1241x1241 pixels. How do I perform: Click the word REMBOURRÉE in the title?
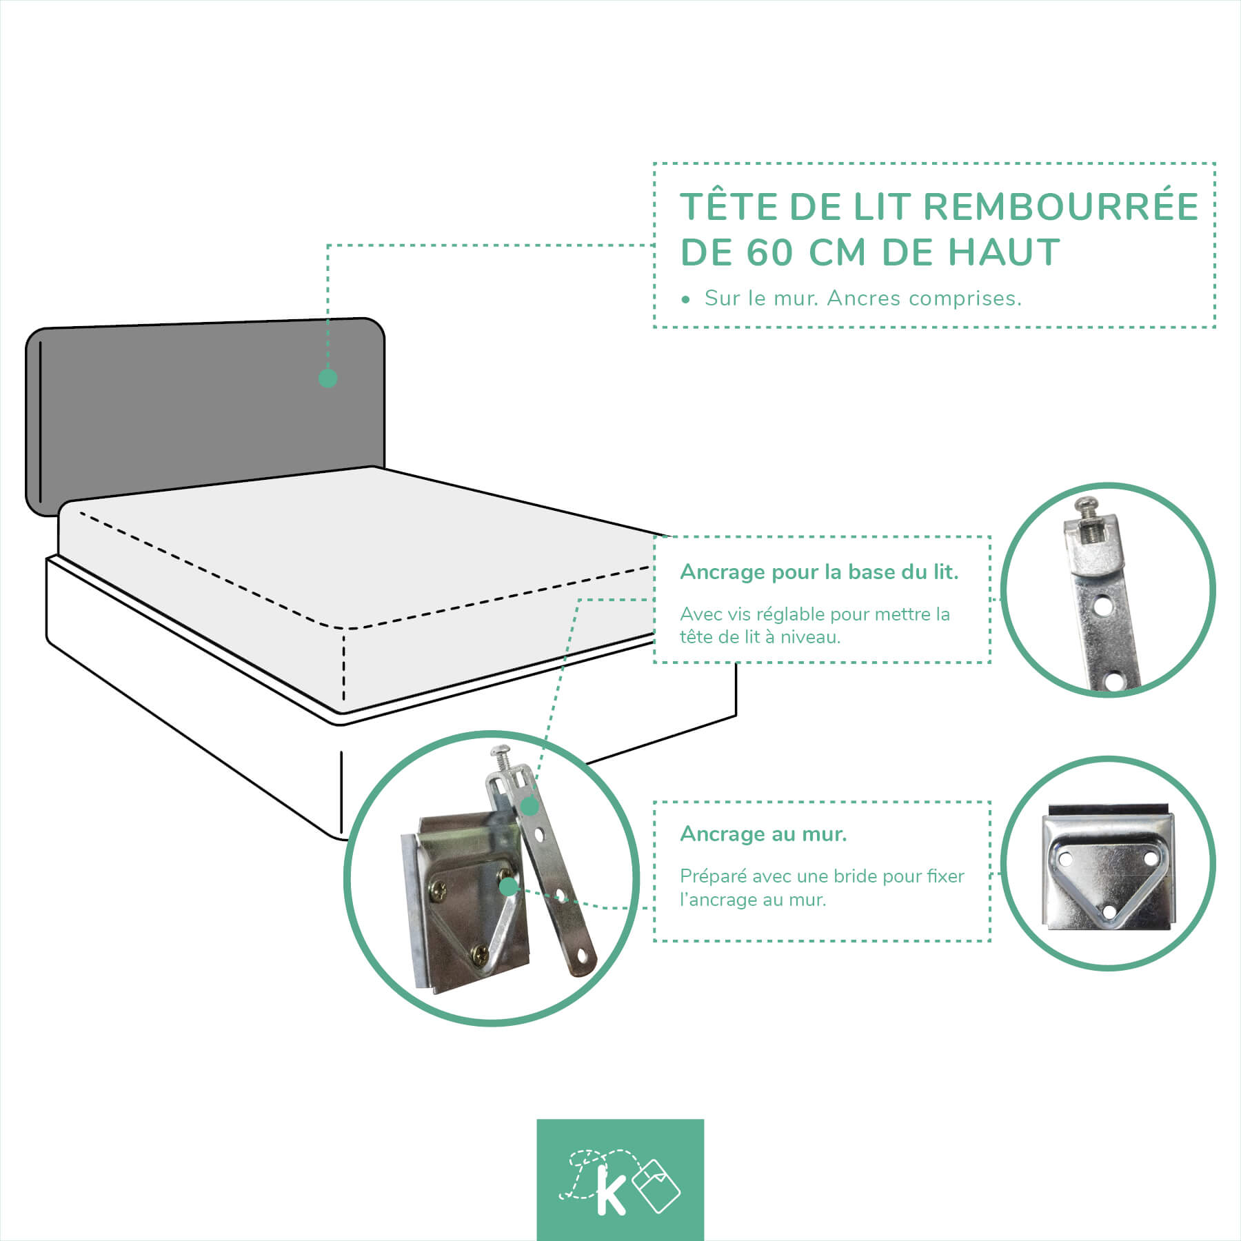(1061, 206)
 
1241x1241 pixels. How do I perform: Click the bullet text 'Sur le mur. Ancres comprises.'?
(862, 299)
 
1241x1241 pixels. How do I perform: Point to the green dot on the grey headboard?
(328, 378)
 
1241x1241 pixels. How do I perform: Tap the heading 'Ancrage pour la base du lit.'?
(819, 572)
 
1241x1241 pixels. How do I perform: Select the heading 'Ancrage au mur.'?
(763, 834)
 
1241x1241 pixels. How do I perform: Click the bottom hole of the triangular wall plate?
(1109, 912)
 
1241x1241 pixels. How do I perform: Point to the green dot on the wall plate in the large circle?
(508, 887)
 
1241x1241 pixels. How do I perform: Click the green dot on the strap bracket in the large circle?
(529, 806)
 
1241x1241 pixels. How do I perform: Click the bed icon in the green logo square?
(656, 1185)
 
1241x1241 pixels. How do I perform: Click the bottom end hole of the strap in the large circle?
(585, 956)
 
